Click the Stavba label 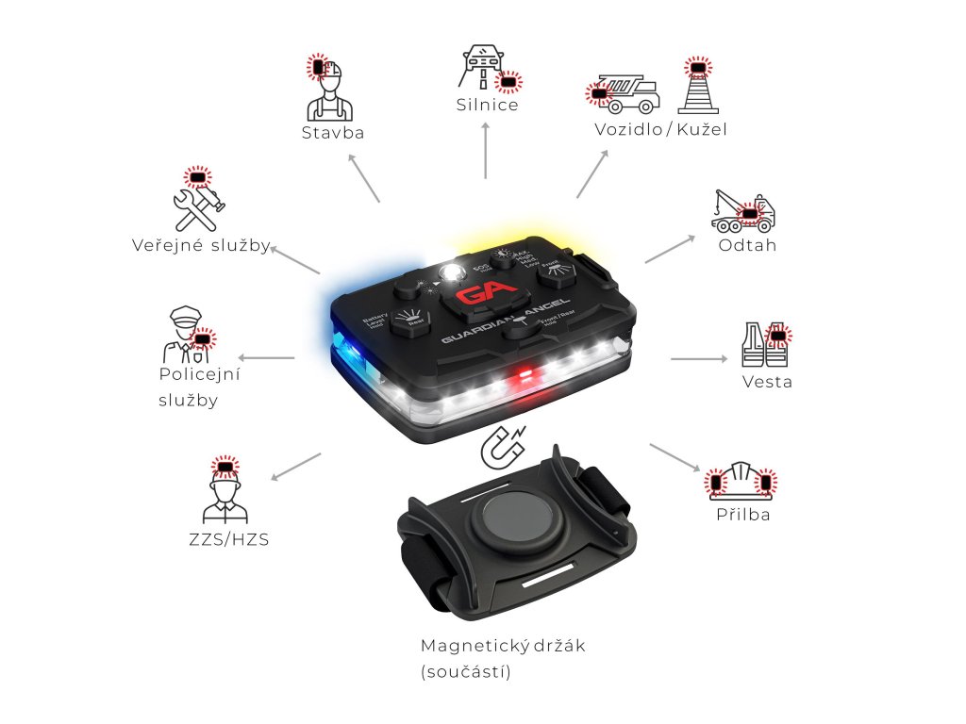pos(333,133)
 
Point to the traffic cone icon pos(698,88)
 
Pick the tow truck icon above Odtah pos(743,212)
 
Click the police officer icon pos(186,335)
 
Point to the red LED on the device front pos(522,379)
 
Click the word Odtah pos(748,246)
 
